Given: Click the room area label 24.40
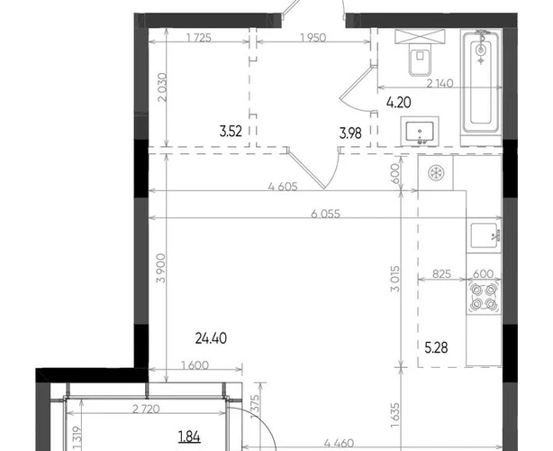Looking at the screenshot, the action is [x=211, y=338].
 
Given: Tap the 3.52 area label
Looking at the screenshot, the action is [x=231, y=132].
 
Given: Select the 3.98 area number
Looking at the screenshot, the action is [x=350, y=133].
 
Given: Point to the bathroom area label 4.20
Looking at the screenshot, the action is [x=398, y=103].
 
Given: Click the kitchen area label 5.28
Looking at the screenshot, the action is [x=436, y=348].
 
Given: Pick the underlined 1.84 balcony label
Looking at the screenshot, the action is [x=190, y=437].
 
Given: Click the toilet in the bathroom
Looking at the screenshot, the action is [x=420, y=59].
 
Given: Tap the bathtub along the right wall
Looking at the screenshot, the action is [x=481, y=82].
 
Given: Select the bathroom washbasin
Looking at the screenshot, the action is [x=420, y=132].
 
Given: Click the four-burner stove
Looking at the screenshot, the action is [x=484, y=297].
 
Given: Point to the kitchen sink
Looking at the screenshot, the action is [x=485, y=235].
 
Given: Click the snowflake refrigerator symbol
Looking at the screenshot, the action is [x=436, y=173].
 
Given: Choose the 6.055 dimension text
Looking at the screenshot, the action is [x=325, y=214].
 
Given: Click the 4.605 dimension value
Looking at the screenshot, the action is [x=283, y=186].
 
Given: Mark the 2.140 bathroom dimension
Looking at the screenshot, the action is [x=440, y=83].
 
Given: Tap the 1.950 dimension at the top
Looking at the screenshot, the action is [x=313, y=38].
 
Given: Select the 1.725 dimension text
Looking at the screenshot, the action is [x=199, y=38].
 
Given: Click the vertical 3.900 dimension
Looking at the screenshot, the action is [x=160, y=268].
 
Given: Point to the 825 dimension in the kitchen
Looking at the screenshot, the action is [x=441, y=273].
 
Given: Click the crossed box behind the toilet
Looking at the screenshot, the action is [x=420, y=36].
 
